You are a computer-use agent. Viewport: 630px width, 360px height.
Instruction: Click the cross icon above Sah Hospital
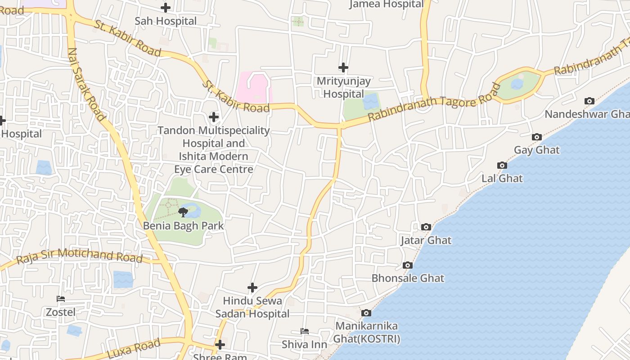(x=166, y=8)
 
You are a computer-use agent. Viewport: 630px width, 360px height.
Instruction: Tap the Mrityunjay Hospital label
(x=343, y=88)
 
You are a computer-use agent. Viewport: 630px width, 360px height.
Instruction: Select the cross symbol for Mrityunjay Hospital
(x=343, y=67)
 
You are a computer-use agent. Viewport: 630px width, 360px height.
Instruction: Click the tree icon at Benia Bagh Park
(x=183, y=212)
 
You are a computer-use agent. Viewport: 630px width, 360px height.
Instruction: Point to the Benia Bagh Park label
(x=183, y=225)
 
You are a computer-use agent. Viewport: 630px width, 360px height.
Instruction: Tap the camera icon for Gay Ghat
(x=536, y=137)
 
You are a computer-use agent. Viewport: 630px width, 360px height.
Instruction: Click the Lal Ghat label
(x=502, y=178)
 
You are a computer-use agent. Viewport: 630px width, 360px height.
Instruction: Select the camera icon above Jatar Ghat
(x=426, y=227)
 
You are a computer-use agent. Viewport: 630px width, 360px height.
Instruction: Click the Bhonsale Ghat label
(x=408, y=278)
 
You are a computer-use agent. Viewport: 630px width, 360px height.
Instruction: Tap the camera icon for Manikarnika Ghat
(x=366, y=313)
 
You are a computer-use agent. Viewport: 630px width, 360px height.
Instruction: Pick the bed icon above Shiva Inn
(x=305, y=332)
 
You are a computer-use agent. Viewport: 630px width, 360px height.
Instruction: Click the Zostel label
(x=61, y=312)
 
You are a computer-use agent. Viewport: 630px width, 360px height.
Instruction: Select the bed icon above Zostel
(x=61, y=299)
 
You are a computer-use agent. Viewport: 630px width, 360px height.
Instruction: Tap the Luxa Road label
(x=134, y=349)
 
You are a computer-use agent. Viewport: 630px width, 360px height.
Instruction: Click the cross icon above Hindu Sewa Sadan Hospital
(x=252, y=288)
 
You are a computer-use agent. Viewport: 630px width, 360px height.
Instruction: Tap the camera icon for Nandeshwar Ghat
(x=589, y=101)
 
